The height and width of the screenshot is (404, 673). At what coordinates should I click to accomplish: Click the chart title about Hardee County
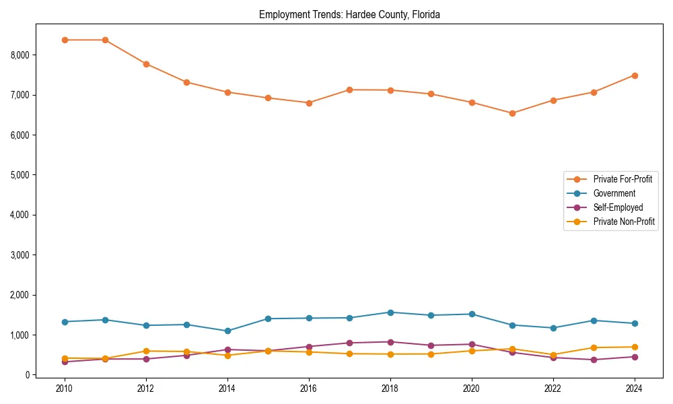[349, 15]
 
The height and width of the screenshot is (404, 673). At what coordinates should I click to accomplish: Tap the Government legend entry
[614, 193]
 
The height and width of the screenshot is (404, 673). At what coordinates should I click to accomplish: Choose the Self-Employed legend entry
[618, 207]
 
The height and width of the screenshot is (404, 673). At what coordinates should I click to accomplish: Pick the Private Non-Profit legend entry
[624, 222]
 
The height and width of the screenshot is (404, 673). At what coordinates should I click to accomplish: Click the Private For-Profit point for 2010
[65, 40]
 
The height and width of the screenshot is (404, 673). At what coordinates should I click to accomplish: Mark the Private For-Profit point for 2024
[635, 75]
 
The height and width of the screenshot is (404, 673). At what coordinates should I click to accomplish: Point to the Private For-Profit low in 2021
[512, 113]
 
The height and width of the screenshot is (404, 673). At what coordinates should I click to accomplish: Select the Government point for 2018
[390, 312]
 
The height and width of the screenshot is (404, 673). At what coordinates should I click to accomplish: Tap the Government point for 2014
[227, 331]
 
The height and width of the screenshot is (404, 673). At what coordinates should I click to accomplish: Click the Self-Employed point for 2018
[390, 342]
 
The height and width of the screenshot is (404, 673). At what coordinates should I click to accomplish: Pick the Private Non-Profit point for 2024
[635, 347]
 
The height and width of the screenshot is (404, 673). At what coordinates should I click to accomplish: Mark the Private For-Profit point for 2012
[146, 64]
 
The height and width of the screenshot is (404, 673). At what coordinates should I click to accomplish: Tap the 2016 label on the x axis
[309, 389]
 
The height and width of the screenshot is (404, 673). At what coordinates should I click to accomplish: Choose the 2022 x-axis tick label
[553, 389]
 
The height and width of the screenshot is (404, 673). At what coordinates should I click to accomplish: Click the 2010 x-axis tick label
[65, 389]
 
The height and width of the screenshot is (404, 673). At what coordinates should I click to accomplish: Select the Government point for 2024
[635, 323]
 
